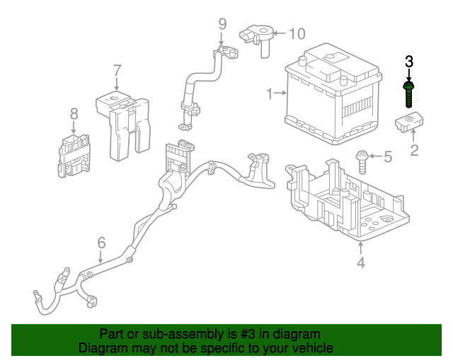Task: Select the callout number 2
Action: pos(415,150)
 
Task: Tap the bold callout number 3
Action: pos(409,62)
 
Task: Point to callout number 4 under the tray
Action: pos(361,264)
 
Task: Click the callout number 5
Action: pos(387,157)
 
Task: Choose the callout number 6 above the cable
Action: pos(101,242)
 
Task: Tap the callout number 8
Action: pos(73,113)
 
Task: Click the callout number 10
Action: pos(297,33)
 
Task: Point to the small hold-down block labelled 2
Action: pos(408,123)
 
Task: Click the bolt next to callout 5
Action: pos(362,162)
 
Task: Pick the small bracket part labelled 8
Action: pos(74,154)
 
